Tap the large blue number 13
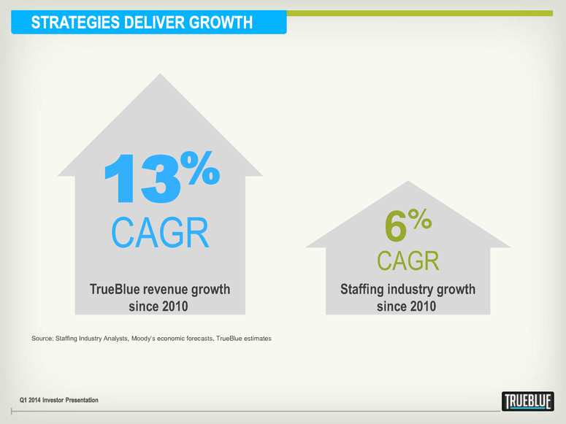(142, 179)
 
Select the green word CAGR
(408, 261)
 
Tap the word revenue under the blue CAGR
(168, 290)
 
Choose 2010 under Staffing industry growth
(422, 307)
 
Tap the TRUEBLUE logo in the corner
(528, 401)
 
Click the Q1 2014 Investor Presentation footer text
(59, 400)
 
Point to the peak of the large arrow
(158, 72)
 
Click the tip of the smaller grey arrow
(408, 182)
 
